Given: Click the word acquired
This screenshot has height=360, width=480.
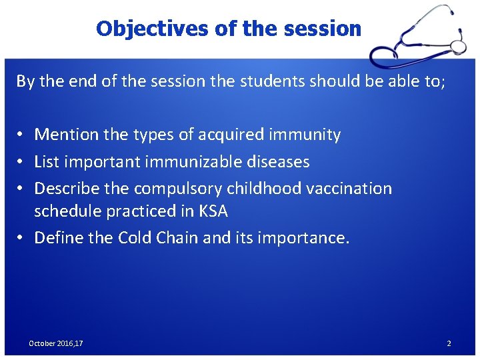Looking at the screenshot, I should (234, 135).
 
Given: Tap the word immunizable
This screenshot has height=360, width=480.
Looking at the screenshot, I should (195, 161).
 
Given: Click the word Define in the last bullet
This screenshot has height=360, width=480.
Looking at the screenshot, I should (58, 238).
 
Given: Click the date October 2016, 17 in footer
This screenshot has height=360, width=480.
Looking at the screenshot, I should (56, 343).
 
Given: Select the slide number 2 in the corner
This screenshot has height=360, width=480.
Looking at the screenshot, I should (449, 343).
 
